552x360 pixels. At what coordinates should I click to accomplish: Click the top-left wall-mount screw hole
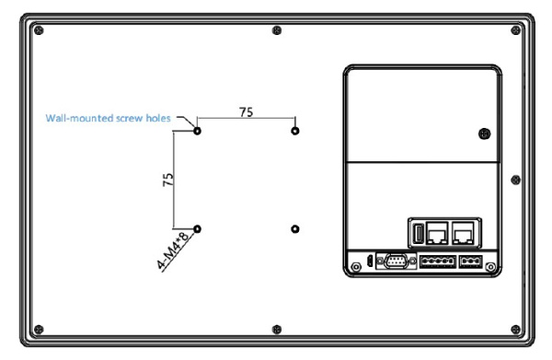click(197, 131)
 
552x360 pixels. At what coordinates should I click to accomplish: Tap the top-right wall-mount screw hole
click(295, 131)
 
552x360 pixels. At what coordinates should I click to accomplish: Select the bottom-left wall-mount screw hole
click(197, 229)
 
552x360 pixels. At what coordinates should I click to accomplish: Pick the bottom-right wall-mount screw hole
click(295, 229)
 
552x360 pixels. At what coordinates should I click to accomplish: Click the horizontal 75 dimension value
click(246, 112)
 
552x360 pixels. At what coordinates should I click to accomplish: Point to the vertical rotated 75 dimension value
click(168, 180)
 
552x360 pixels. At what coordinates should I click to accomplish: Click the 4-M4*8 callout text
click(172, 250)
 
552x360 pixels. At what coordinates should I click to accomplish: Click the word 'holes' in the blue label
click(158, 118)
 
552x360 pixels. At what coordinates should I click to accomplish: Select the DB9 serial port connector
click(396, 261)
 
